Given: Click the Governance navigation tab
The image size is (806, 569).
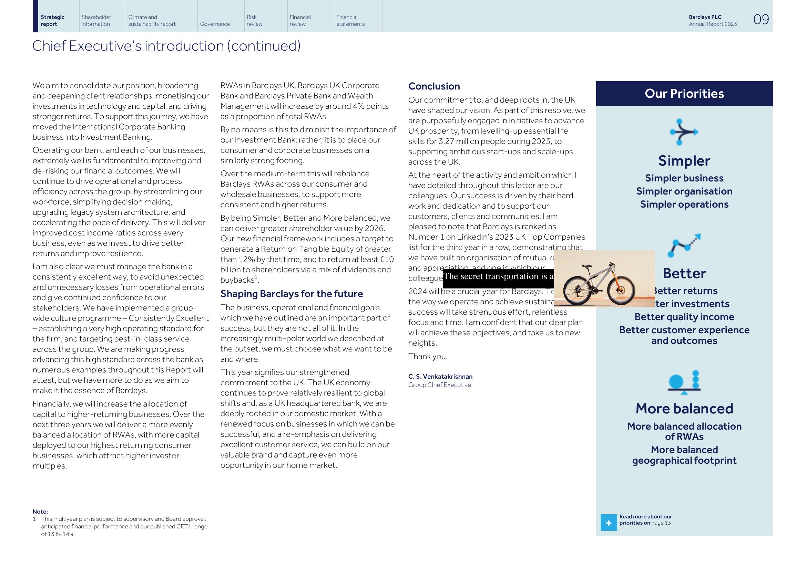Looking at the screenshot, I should point(215,24).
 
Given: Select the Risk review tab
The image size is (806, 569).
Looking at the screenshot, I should point(254,20).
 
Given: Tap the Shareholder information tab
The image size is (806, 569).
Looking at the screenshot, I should point(96,20).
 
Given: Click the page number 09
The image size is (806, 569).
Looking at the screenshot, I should point(761,19).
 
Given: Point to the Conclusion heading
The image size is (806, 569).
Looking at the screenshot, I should point(434,86).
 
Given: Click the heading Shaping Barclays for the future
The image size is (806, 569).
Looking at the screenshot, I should point(292,294).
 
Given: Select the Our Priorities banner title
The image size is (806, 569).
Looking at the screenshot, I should point(684,94).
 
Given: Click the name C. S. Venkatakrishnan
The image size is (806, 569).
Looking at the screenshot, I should point(440,377).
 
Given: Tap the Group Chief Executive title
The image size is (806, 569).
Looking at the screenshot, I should point(439,385).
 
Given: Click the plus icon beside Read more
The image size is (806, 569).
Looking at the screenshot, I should point(608,523).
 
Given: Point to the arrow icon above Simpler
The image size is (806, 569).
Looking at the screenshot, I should point(683,132).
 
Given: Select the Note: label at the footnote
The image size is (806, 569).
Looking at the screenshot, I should point(40,512).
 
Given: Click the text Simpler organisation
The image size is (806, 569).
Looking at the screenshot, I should point(684,191).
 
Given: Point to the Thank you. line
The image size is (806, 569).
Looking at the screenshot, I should point(428,357).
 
